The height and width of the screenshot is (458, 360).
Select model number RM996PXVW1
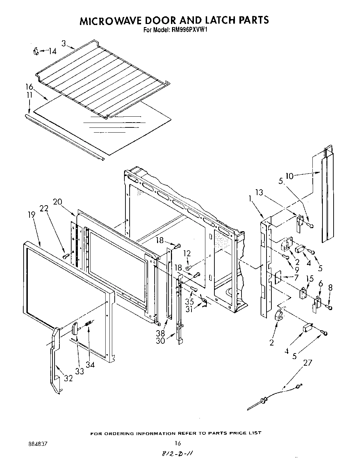point(190,30)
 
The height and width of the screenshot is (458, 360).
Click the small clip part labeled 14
point(35,52)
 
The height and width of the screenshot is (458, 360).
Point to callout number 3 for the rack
point(64,43)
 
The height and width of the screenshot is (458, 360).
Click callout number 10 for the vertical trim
point(289,176)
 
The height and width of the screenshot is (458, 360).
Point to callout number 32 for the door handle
point(68,378)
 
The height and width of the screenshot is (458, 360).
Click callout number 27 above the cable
point(308,363)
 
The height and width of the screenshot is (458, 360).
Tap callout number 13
point(259,193)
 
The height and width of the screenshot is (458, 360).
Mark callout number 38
point(161,333)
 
